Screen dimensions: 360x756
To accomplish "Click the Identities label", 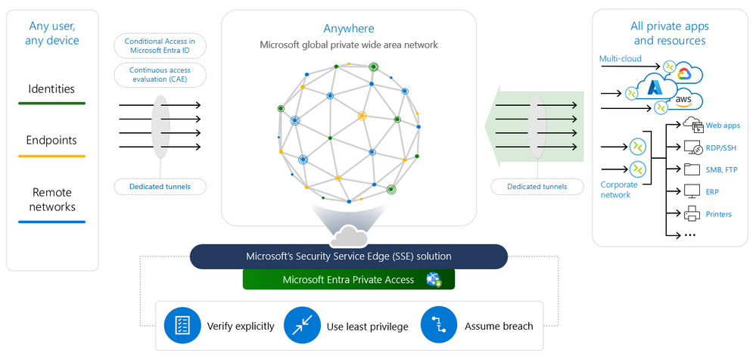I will (51, 88).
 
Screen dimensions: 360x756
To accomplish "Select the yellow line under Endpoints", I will (51, 156).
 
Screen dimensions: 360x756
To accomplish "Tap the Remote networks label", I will (51, 199).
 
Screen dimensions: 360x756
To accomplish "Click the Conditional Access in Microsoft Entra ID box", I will (160, 45).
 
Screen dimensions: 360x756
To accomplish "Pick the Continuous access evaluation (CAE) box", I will (160, 73).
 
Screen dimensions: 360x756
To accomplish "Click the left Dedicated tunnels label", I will (160, 186).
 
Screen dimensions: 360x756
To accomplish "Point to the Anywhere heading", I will (349, 29).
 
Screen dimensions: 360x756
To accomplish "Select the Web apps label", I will (723, 126).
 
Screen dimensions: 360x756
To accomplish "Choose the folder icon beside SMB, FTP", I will (692, 169).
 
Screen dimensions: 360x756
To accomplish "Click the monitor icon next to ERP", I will (692, 191).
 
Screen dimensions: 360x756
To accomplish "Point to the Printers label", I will (718, 214).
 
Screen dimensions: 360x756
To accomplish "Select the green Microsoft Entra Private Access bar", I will (348, 279).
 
